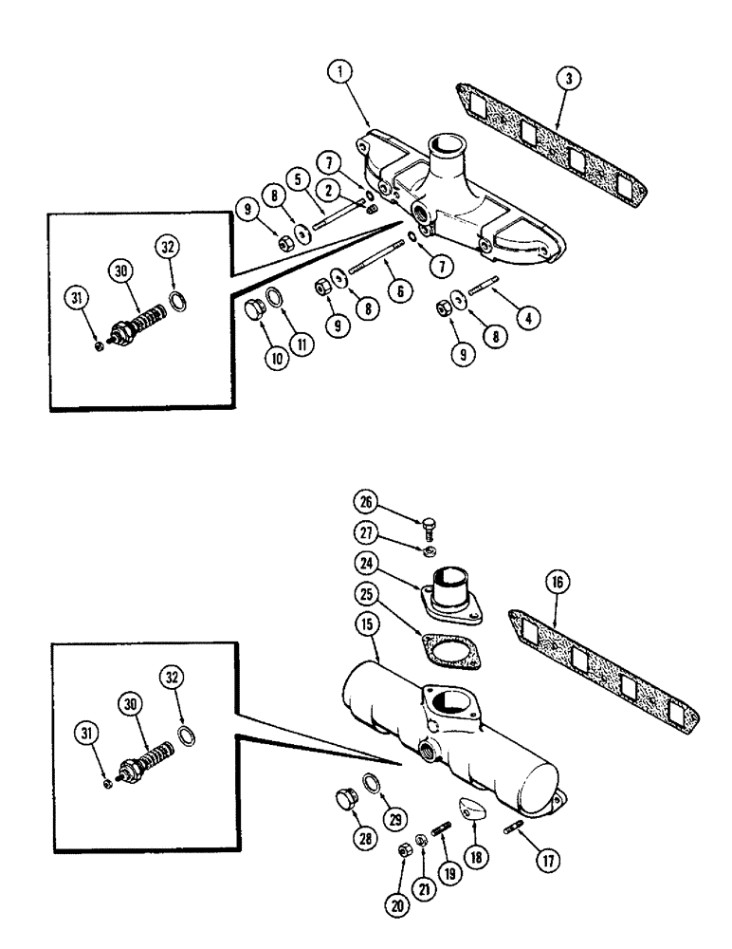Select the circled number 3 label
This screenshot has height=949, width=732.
point(564,80)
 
